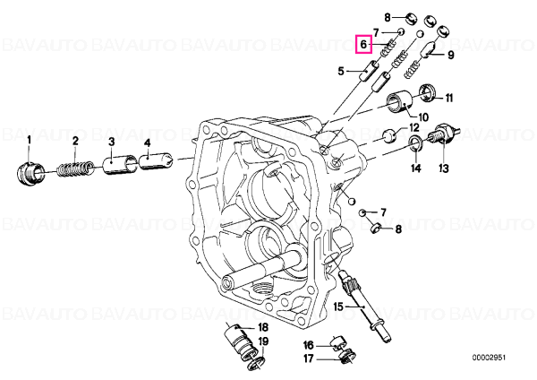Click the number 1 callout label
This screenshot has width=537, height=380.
[30, 140]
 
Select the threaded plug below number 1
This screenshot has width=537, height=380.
[30, 174]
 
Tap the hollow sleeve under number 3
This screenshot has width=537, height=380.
[120, 165]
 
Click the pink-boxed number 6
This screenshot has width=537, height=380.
[363, 44]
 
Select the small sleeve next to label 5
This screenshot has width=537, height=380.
[369, 70]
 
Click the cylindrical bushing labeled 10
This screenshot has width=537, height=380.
[400, 100]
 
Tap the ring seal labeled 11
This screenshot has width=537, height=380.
[428, 92]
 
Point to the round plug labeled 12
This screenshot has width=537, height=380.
[389, 134]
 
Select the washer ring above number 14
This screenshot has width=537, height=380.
[416, 142]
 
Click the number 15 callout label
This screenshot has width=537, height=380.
[338, 307]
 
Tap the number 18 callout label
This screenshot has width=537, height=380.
[262, 327]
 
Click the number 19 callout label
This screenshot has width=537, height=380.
[262, 341]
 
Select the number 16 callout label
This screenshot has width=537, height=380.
[309, 345]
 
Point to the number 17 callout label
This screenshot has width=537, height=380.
[309, 358]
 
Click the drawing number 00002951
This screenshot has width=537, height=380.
[489, 358]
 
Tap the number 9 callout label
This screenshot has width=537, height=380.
[450, 55]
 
